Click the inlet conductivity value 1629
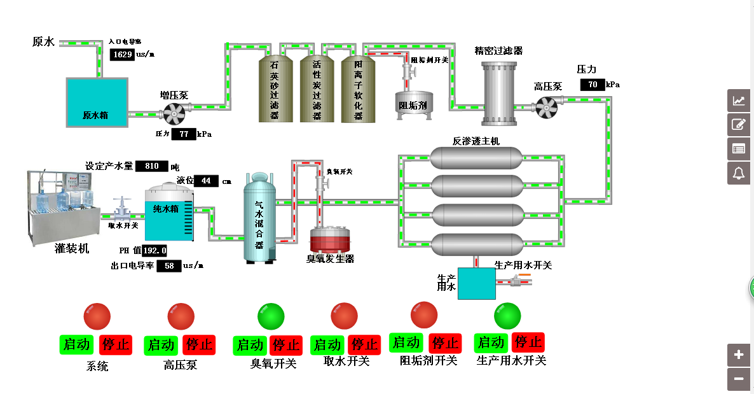point(122,55)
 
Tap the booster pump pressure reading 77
point(184,134)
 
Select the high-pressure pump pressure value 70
point(592,85)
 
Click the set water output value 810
point(152,166)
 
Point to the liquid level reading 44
point(206,181)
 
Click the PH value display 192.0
point(154,250)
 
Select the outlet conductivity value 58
point(168,266)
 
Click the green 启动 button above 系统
point(77,345)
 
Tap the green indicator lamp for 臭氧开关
point(271,316)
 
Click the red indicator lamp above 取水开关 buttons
point(345,316)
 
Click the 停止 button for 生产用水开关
point(528,342)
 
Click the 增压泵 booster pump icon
point(174,115)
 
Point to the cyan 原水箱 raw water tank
point(98,102)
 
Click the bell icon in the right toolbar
point(739,172)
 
